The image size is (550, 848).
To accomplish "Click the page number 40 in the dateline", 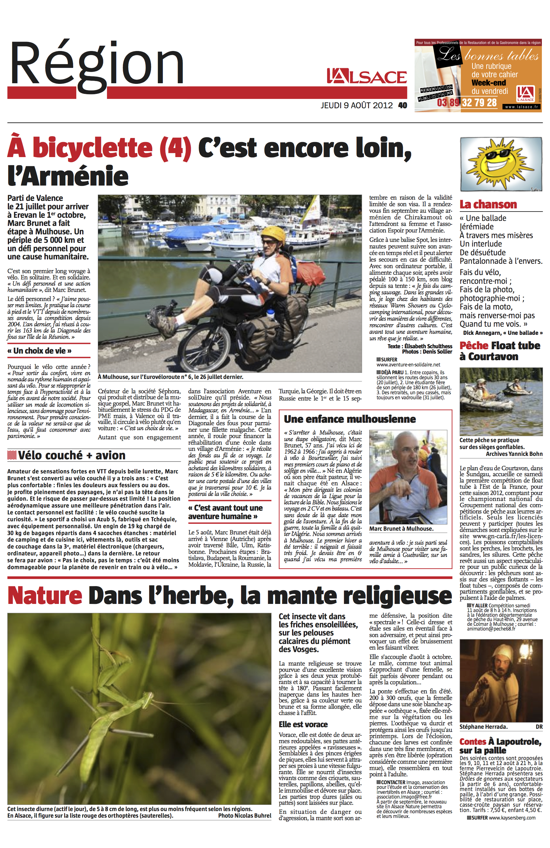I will point(403,105).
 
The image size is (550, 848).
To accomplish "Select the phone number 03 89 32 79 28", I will point(467,103).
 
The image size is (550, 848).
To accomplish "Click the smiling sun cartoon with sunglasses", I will point(501,164).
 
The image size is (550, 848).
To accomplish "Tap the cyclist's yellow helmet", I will point(273,233).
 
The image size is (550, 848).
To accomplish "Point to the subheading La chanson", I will point(488,205).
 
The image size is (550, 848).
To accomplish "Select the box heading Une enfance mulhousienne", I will point(350,419).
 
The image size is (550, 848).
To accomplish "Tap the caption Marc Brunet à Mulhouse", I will point(401,529).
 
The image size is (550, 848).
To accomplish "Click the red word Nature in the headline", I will point(44,595).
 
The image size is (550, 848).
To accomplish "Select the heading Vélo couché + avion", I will point(71,455).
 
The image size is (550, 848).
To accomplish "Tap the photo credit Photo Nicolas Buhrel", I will point(245,815).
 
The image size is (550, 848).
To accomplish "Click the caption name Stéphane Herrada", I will point(483,727).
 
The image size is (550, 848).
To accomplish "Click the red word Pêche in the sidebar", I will point(473,345).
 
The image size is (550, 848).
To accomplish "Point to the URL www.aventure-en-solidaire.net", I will point(408,365).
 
